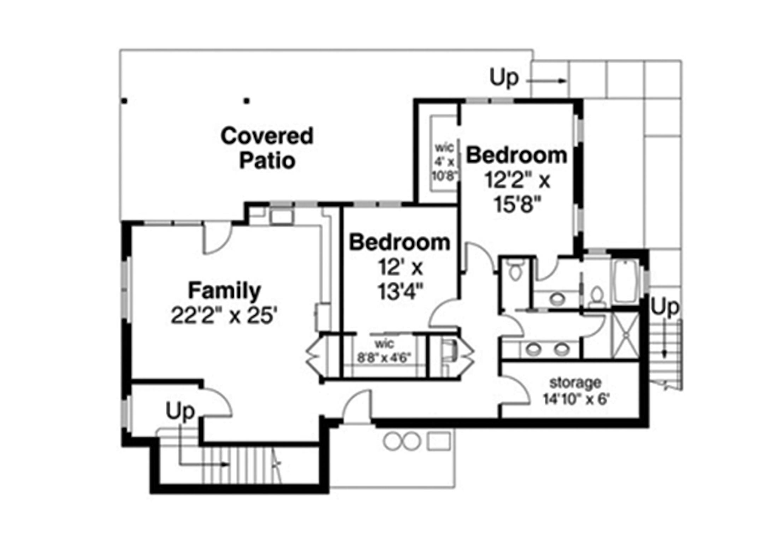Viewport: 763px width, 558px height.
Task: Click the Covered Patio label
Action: point(267,148)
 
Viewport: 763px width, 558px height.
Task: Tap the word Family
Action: point(224,291)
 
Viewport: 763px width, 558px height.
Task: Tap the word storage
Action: point(575,382)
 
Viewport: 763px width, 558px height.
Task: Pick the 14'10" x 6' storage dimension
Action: point(576,399)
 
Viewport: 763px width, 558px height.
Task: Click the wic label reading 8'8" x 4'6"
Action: point(384,351)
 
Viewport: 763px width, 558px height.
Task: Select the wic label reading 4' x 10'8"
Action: point(444,161)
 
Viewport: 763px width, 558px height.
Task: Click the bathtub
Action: point(625,281)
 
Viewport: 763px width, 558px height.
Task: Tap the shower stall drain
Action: point(625,334)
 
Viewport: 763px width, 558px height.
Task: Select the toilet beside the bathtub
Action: point(597,297)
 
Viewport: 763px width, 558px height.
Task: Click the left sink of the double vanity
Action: point(533,349)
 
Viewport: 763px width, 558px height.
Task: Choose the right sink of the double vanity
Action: point(561,349)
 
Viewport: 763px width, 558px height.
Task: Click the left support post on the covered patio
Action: point(124,101)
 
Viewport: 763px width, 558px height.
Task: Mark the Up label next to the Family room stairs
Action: point(180,411)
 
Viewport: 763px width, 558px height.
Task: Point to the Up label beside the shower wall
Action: point(664,307)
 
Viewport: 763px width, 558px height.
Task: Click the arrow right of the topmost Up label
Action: point(547,81)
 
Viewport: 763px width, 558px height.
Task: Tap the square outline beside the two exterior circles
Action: point(438,441)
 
